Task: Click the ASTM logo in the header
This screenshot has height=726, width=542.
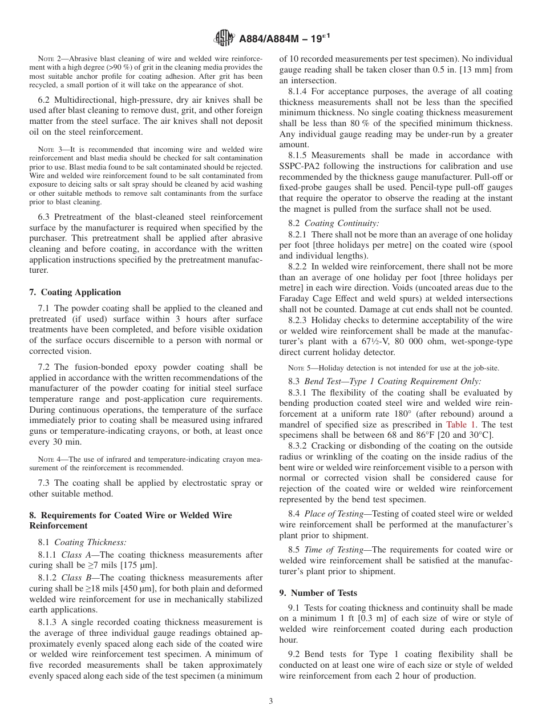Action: click(223, 39)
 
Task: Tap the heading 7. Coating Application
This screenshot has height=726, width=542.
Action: click(75, 292)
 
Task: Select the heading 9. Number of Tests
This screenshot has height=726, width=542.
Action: click(318, 593)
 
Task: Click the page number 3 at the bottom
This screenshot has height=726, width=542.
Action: click(271, 701)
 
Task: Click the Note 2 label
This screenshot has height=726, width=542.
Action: click(48, 59)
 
